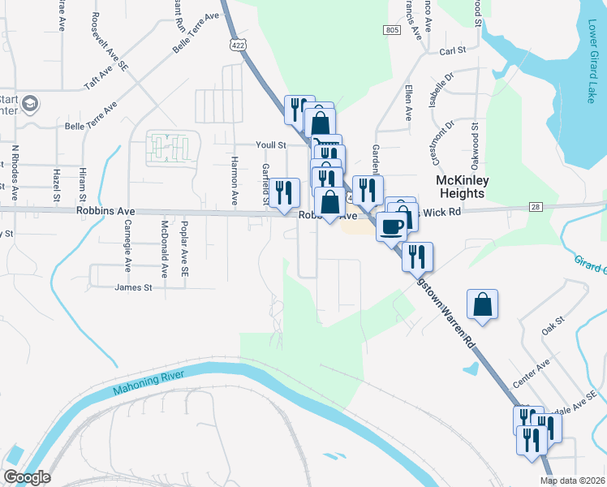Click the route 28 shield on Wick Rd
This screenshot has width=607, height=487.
[534, 208]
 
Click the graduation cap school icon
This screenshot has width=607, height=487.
[30, 104]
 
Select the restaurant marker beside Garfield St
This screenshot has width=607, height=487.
[284, 192]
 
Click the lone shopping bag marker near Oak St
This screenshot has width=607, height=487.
[482, 304]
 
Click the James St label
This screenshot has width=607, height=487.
[134, 287]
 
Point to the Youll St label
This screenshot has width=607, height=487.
[272, 144]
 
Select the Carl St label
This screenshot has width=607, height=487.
[452, 50]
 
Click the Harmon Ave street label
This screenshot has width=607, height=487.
[235, 180]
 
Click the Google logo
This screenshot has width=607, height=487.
[27, 477]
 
